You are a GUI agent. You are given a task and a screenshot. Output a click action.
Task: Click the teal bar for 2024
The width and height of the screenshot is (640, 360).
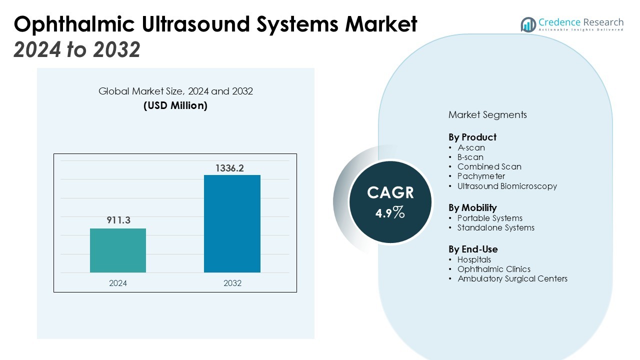click(118, 250)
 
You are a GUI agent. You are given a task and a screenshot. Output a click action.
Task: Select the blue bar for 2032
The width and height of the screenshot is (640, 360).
click(232, 223)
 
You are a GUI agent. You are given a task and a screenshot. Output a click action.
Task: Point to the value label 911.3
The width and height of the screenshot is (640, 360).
click(118, 220)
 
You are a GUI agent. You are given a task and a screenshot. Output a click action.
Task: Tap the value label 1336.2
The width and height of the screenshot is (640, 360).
click(229, 168)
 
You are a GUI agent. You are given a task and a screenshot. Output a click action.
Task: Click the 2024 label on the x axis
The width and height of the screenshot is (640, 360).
click(118, 283)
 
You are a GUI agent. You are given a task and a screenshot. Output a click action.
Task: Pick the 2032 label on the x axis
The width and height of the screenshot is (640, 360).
click(232, 283)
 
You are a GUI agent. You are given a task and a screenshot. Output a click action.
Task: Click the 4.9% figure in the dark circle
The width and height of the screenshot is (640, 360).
click(390, 213)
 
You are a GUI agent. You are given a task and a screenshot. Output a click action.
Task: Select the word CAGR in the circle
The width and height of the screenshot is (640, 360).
click(390, 192)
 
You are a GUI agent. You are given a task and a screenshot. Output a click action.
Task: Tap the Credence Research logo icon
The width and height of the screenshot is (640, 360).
click(528, 24)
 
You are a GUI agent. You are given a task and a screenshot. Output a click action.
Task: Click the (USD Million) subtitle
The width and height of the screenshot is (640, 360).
click(175, 105)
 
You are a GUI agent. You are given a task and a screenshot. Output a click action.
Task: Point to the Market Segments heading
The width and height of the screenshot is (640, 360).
click(487, 114)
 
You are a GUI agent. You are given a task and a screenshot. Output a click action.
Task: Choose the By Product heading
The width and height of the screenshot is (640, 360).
click(472, 137)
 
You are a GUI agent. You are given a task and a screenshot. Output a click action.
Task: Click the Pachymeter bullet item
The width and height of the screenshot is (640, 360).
click(481, 176)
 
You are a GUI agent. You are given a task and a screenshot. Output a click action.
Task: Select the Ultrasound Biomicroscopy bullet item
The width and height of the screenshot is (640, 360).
click(507, 186)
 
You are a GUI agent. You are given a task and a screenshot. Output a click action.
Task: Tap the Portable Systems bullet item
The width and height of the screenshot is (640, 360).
click(489, 218)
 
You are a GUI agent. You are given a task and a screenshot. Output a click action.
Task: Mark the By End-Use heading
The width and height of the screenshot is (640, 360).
click(473, 249)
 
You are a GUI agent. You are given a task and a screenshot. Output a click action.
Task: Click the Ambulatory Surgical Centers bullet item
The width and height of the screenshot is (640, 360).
click(512, 278)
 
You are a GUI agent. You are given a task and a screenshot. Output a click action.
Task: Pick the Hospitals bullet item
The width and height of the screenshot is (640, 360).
click(474, 259)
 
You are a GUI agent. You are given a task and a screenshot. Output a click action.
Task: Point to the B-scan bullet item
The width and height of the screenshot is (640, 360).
click(470, 157)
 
